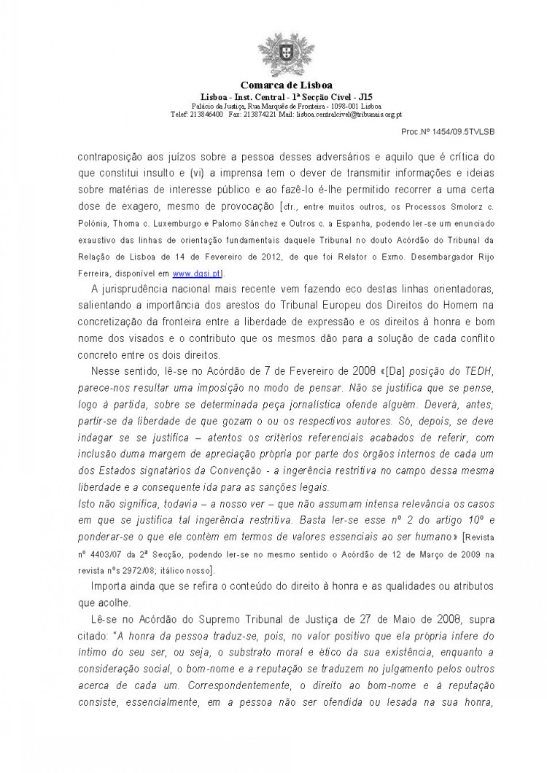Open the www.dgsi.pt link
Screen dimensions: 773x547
tap(192, 273)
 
